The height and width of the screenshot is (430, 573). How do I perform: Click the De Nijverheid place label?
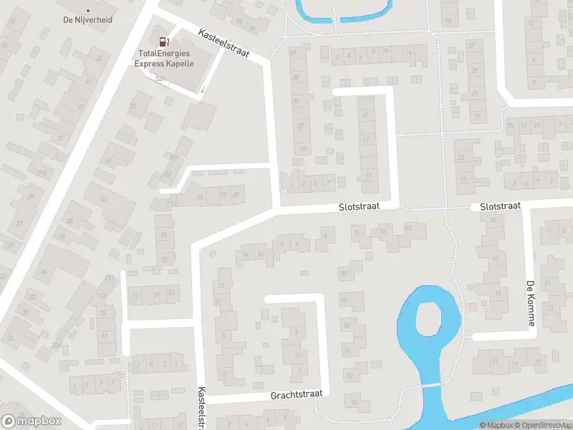coord(88,20)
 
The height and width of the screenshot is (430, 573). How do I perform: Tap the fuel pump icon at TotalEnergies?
coord(164,42)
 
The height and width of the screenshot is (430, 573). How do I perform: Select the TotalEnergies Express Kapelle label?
coord(164,58)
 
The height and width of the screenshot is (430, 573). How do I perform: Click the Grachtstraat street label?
coord(297,394)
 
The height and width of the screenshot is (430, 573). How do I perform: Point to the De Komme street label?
coord(531,303)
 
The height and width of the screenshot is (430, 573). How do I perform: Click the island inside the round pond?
coord(428,317)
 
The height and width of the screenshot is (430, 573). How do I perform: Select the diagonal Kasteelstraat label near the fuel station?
coord(223,43)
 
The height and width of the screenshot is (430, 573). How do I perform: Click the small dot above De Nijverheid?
coord(88,11)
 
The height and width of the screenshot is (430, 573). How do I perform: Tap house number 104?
coord(168,174)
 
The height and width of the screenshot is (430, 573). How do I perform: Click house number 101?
coord(173,156)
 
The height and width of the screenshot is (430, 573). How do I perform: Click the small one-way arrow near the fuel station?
coord(202,90)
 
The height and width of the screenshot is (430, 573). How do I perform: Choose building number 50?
coord(133,107)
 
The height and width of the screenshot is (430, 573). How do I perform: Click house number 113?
coord(109,277)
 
